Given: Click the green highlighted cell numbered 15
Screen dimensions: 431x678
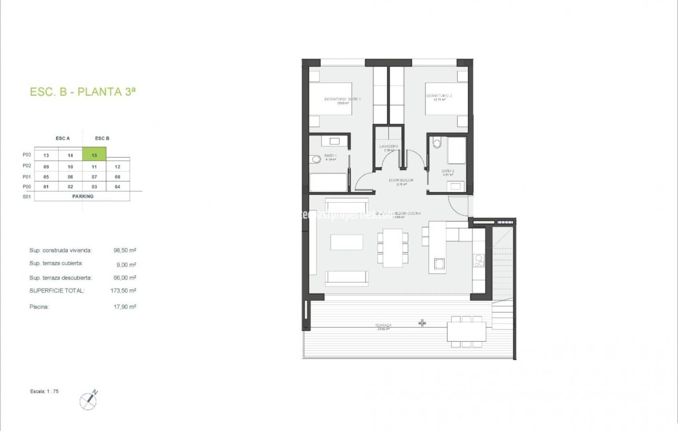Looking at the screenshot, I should click(x=94, y=155).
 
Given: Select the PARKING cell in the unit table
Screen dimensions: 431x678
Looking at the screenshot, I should click(x=83, y=196).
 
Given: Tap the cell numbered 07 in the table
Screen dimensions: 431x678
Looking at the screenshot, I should click(x=94, y=177).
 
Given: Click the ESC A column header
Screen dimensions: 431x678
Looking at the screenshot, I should click(x=63, y=138).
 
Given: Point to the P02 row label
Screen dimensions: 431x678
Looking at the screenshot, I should click(x=27, y=166).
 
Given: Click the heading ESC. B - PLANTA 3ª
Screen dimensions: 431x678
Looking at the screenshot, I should click(x=83, y=92).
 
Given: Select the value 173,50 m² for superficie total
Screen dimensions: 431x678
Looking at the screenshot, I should click(x=123, y=291).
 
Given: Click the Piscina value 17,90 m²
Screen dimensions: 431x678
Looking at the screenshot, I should click(x=124, y=307).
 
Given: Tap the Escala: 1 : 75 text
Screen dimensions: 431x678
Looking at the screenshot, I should click(x=44, y=391).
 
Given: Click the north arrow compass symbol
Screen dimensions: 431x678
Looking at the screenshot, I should click(x=88, y=400).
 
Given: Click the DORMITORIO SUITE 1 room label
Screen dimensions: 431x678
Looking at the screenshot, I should click(x=342, y=99).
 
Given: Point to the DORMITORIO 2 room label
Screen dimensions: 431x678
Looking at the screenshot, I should click(x=439, y=96).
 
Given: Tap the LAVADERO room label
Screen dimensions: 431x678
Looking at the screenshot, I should click(x=388, y=146).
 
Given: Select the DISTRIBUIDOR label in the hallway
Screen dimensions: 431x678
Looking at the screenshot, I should click(x=401, y=180).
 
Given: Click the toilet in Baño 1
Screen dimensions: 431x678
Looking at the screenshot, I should click(x=316, y=159).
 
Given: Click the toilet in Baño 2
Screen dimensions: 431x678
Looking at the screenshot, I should click(x=437, y=143).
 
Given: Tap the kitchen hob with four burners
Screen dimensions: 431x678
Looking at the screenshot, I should click(x=478, y=261).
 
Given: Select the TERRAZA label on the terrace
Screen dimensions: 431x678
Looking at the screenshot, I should click(x=383, y=325).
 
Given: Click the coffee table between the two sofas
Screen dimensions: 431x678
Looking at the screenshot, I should click(x=347, y=242).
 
